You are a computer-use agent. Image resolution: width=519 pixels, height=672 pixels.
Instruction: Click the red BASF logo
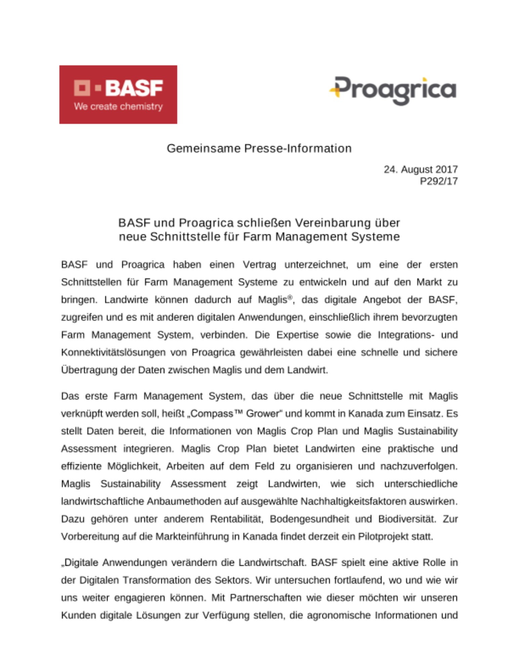(118, 94)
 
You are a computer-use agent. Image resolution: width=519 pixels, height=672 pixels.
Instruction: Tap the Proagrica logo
(393, 90)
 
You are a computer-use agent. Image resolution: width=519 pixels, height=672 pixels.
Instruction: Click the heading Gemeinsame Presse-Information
(259, 148)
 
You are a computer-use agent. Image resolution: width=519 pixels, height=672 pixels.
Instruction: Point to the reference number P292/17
(438, 181)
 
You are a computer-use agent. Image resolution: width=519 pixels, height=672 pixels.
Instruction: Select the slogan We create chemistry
(118, 107)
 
